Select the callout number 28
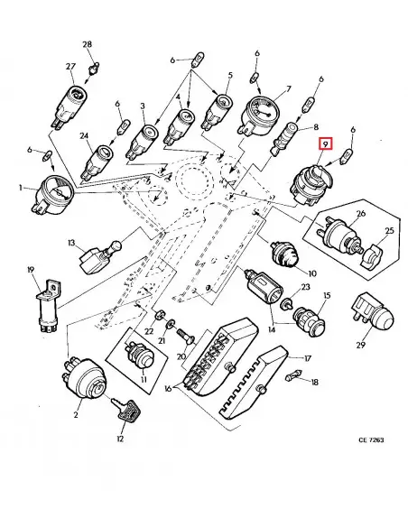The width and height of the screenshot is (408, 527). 88,44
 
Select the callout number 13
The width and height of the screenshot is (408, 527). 70,244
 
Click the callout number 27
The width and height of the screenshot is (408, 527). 70,66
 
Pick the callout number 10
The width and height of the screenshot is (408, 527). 312,273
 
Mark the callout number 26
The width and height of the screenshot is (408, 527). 359,214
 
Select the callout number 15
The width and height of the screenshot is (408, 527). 327,296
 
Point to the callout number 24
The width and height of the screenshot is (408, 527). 83,138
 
